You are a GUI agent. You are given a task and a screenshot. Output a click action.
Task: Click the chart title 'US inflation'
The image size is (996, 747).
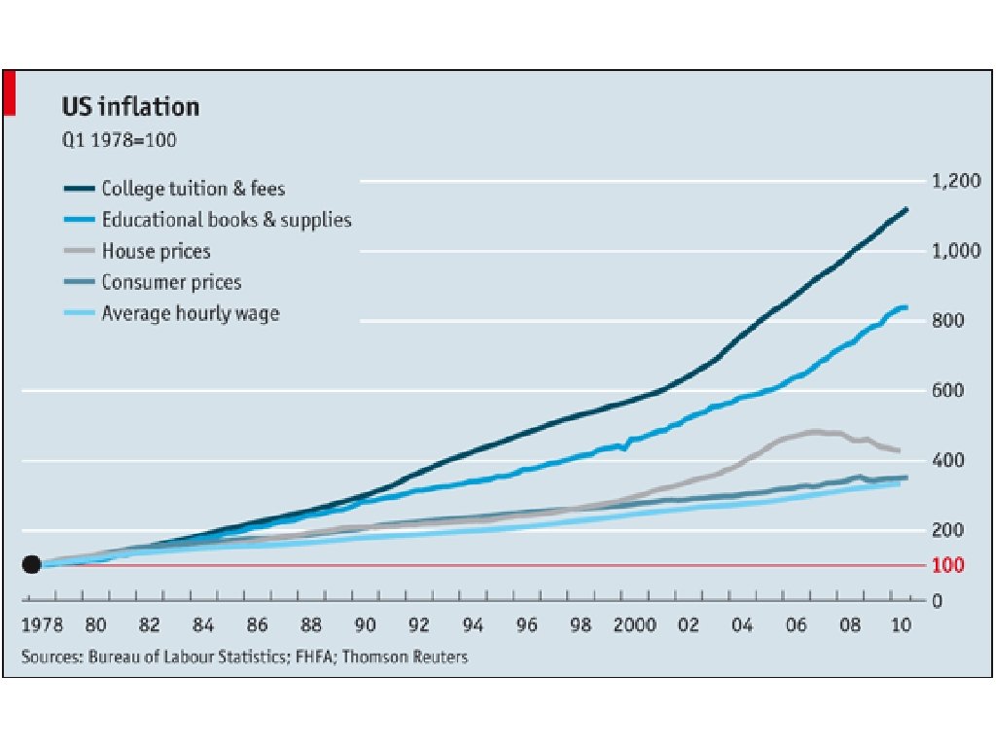coord(130,106)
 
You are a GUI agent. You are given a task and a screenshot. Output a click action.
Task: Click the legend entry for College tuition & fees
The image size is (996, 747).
coord(193,189)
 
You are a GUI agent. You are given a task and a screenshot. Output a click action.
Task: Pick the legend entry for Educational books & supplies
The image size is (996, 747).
coord(226,220)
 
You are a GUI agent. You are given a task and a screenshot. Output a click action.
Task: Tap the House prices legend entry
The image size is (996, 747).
coord(156,251)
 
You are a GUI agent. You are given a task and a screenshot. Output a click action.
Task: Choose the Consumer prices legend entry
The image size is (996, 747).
coord(171,282)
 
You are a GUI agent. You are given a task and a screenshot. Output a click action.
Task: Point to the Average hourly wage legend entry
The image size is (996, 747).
coord(190,313)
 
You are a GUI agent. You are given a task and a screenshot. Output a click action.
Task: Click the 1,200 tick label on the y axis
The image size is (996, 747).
coord(953,181)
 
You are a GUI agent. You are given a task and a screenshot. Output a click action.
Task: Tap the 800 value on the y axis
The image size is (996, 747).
coord(947,321)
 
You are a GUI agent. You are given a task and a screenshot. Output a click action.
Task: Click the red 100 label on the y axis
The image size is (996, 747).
coord(947,565)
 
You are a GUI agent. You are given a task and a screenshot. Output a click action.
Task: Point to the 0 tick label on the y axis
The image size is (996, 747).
coord(938,600)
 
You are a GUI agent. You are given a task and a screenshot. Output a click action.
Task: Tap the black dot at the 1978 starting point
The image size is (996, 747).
coord(31,564)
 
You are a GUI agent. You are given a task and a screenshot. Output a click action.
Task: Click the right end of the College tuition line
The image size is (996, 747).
coord(907,209)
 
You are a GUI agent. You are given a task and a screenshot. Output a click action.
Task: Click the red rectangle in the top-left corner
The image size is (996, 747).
coord(9,92)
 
